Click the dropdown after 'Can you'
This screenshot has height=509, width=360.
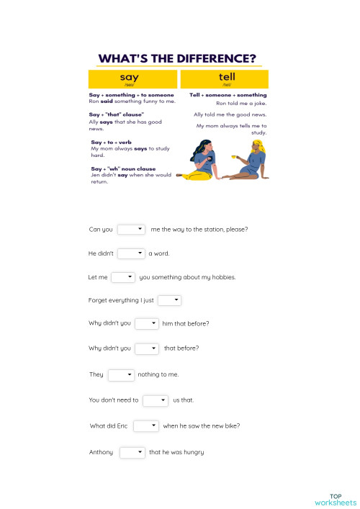131,230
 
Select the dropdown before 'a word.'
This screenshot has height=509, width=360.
131,253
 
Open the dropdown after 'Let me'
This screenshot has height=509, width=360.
123,277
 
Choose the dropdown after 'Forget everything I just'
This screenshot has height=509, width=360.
169,300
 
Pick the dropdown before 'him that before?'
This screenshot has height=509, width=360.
146,324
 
